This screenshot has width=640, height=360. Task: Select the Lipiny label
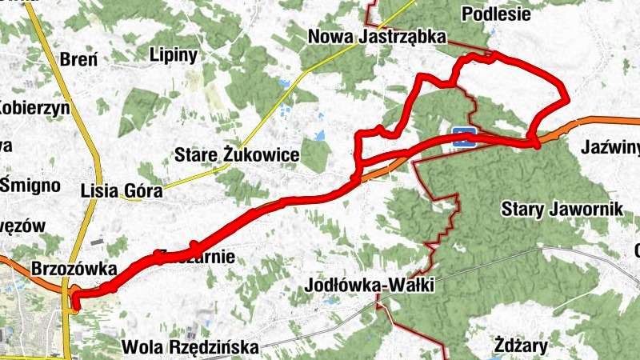[173, 54]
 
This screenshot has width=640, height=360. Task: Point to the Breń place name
[78, 60]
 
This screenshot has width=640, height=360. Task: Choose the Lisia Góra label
[122, 190]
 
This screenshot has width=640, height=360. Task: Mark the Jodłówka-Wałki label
[370, 286]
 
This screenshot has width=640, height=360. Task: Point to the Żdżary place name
[521, 346]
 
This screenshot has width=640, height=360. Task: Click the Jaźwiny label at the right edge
[613, 147]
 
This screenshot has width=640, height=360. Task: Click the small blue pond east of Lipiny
[285, 82]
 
